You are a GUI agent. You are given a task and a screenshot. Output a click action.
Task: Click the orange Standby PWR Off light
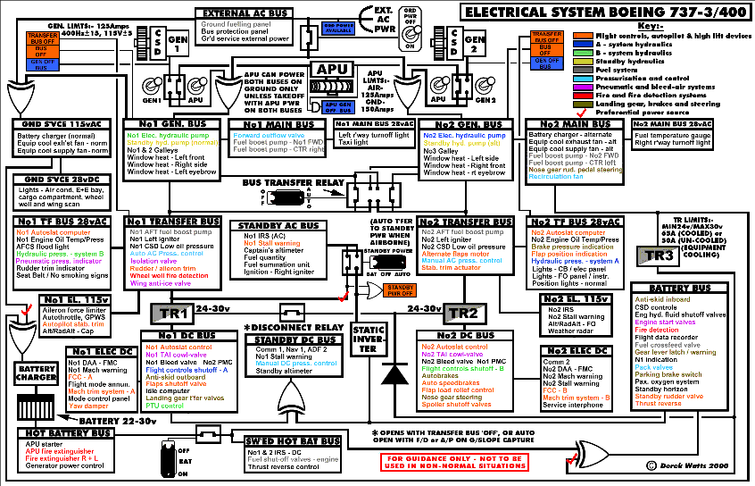[398, 289]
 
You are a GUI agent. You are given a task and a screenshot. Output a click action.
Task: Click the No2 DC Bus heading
[461, 335]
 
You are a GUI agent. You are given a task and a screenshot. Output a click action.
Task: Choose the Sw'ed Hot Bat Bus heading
[290, 441]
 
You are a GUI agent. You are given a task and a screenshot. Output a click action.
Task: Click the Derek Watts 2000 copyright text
[696, 465]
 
